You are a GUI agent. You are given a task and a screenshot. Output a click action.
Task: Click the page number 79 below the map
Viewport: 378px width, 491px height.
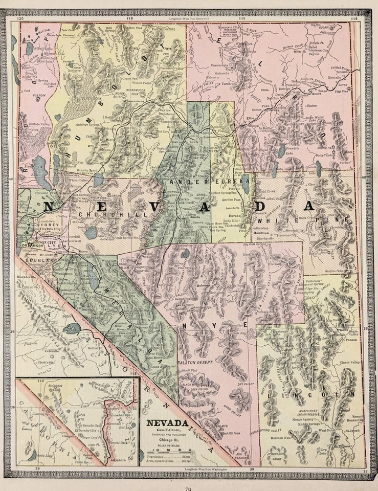[188, 487]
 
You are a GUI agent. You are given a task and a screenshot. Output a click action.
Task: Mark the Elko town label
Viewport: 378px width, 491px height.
[251, 119]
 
